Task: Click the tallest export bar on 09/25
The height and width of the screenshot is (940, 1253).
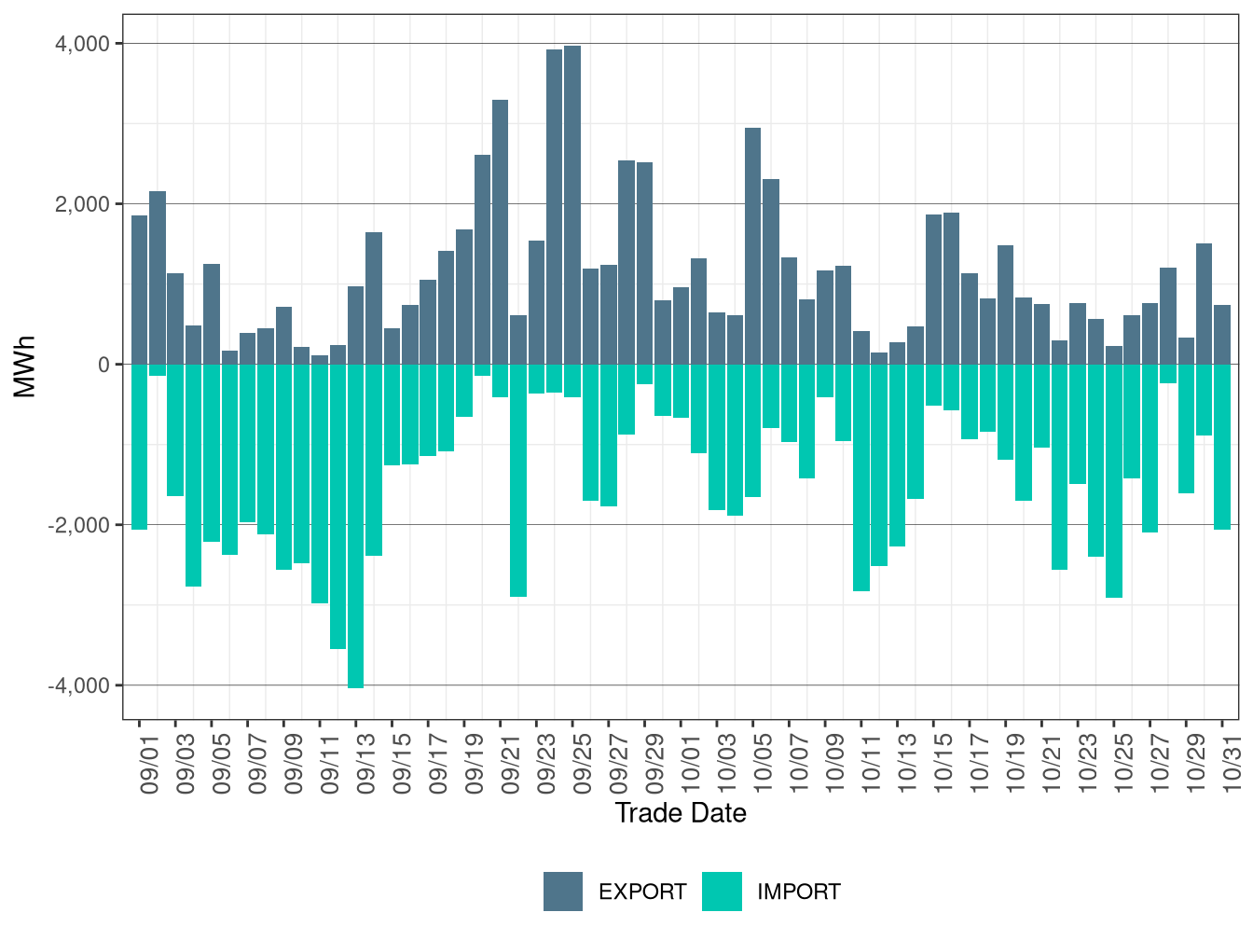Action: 572,205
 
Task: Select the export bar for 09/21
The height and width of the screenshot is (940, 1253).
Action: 501,232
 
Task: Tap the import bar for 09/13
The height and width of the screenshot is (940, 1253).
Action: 356,526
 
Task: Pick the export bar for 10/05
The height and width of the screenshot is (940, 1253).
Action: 753,246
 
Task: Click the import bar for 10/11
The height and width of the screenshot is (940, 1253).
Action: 861,477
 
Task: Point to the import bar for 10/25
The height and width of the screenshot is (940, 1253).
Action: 1114,481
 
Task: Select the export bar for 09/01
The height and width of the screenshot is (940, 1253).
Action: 139,290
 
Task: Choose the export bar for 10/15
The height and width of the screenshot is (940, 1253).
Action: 933,289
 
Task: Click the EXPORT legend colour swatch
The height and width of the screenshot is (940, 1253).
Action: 563,892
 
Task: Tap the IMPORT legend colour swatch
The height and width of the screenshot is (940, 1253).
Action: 722,892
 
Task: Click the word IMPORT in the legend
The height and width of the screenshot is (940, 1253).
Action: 799,892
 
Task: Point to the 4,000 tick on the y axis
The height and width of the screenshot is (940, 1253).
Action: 84,44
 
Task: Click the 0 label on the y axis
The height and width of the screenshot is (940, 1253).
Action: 103,365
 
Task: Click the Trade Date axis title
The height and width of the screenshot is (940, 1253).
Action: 681,813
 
